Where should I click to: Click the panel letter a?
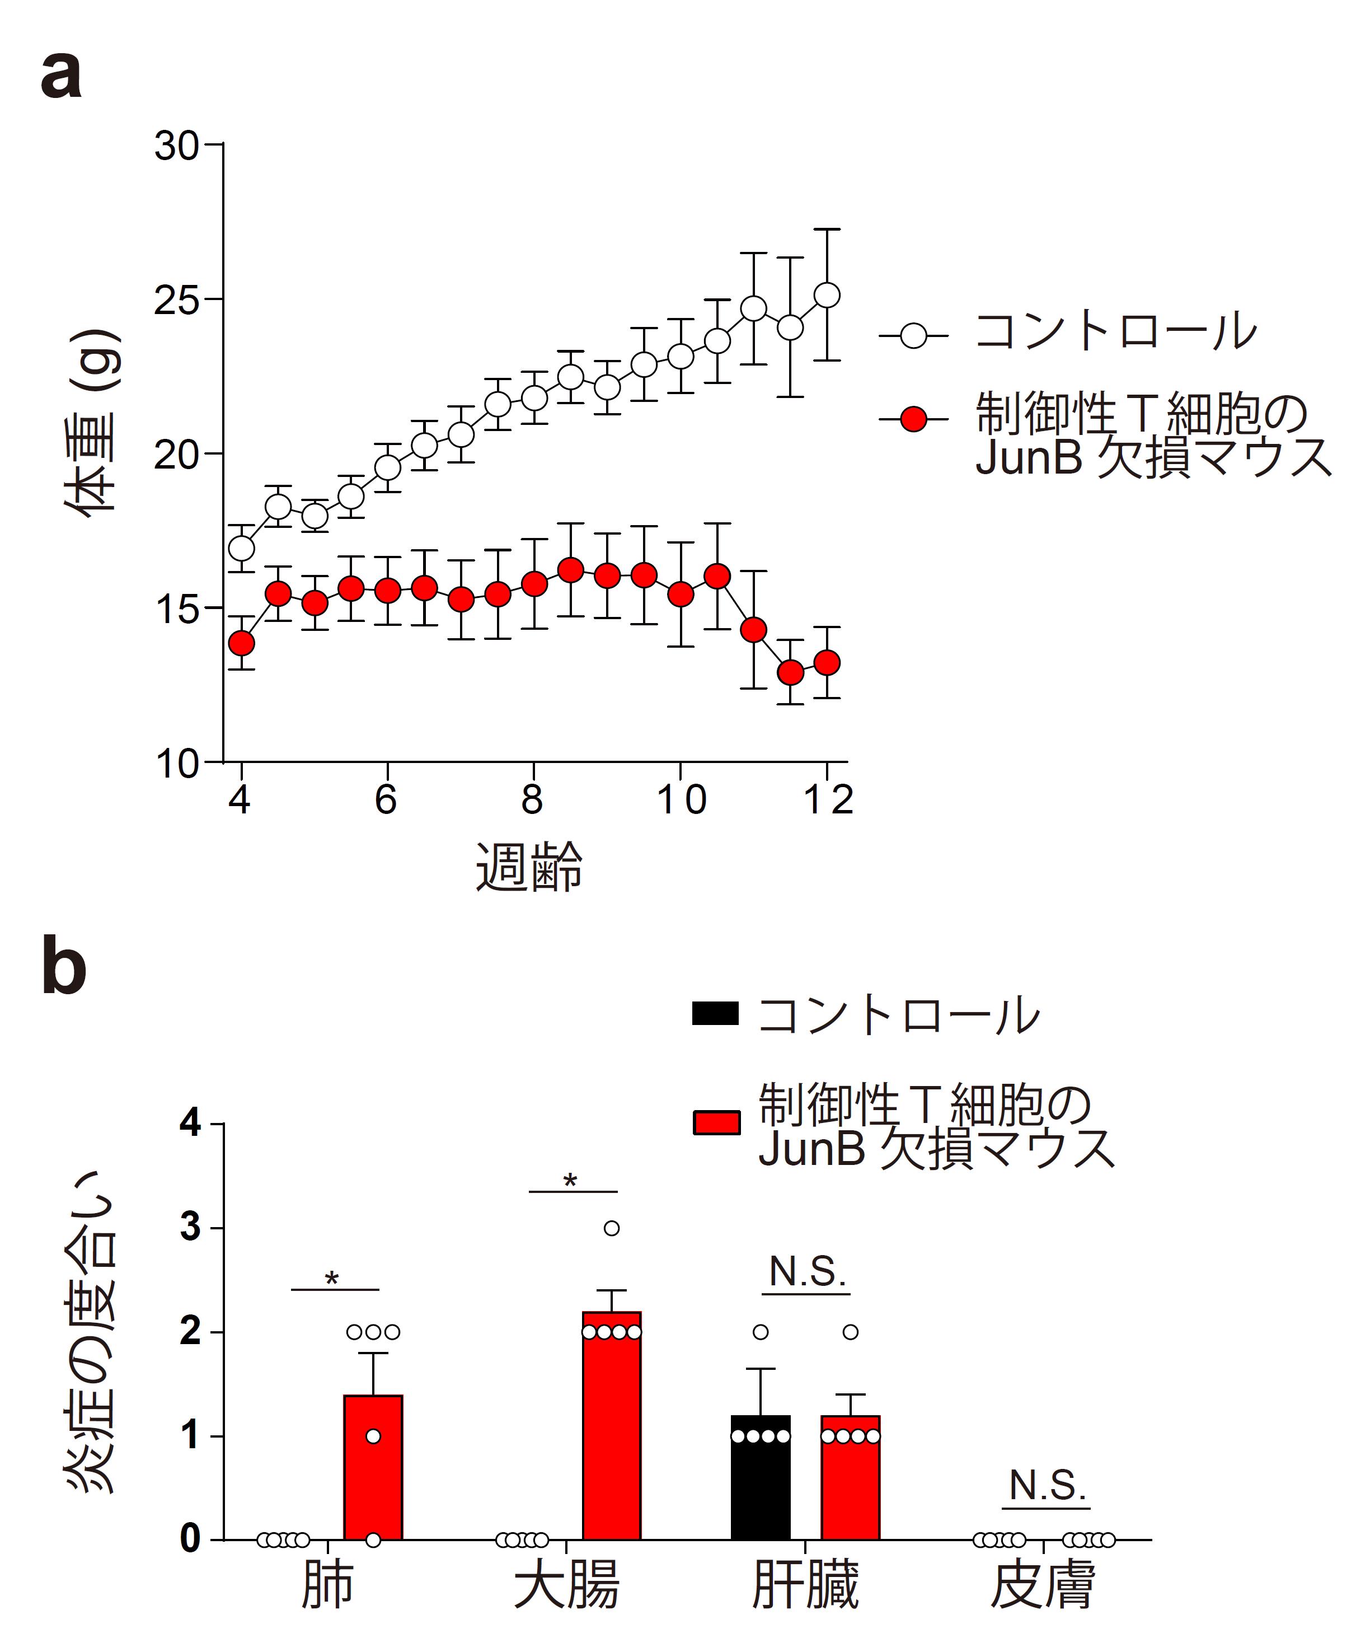pyautogui.click(x=62, y=77)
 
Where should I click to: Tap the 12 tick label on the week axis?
pyautogui.click(x=827, y=799)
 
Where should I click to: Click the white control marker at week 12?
pyautogui.click(x=827, y=296)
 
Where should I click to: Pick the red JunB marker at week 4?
pyautogui.click(x=242, y=644)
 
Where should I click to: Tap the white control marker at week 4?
pyautogui.click(x=242, y=549)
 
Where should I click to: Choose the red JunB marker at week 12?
pyautogui.click(x=827, y=663)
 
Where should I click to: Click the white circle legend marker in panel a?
pyautogui.click(x=913, y=337)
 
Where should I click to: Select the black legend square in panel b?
pyautogui.click(x=715, y=1014)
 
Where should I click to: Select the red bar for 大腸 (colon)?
pyautogui.click(x=612, y=1428)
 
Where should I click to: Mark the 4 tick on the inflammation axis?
pyautogui.click(x=191, y=1124)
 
